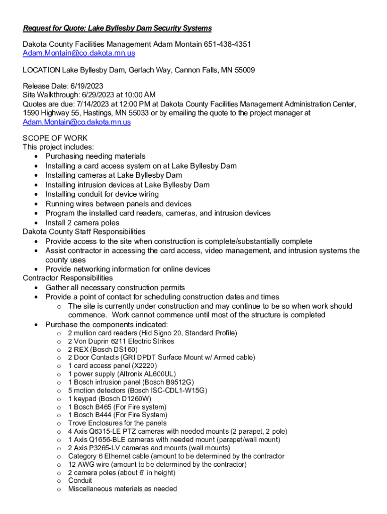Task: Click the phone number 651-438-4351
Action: (227, 45)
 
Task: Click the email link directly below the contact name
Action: (79, 53)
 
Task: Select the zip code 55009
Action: (244, 70)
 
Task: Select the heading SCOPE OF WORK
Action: (55, 138)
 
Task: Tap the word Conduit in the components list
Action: (80, 480)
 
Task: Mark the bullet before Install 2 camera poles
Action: (36, 223)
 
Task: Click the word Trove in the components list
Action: (77, 423)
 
